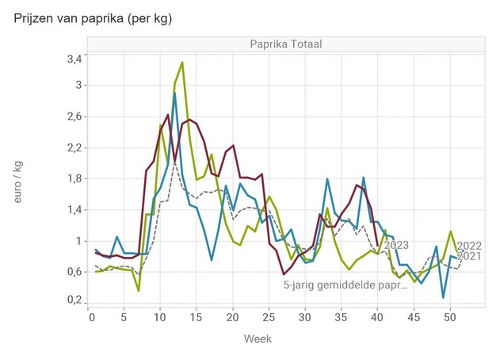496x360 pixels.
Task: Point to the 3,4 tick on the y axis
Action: click(73, 59)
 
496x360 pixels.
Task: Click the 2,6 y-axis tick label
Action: click(73, 117)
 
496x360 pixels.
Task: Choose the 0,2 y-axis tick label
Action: click(73, 301)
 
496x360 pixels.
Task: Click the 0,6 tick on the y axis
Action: click(73, 271)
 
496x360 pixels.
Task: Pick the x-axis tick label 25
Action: click(268, 317)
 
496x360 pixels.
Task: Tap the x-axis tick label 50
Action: click(450, 317)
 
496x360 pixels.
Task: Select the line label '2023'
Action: click(395, 246)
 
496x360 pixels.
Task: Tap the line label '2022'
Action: click(470, 246)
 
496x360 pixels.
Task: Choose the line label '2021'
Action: click(470, 256)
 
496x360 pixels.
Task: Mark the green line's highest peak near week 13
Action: click(182, 62)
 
